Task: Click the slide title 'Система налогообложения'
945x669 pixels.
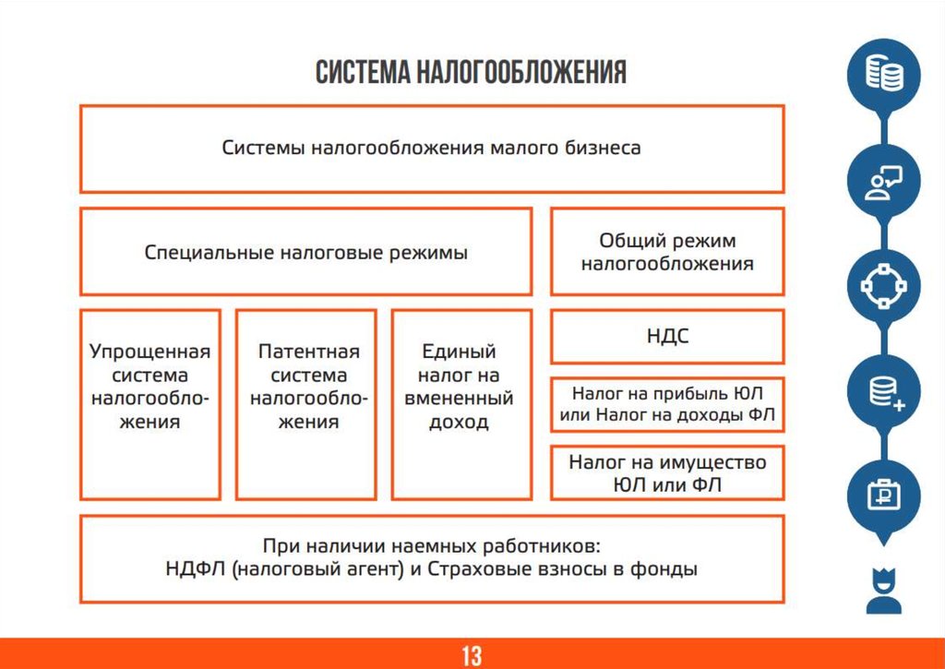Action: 471,73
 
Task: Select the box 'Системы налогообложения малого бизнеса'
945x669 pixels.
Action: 431,148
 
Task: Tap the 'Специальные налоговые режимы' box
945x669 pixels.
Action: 305,252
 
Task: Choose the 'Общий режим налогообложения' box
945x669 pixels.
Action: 667,252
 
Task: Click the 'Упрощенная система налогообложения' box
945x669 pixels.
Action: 150,404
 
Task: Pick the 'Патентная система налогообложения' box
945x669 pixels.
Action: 306,404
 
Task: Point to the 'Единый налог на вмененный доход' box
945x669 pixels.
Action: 462,404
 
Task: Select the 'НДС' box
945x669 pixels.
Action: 667,337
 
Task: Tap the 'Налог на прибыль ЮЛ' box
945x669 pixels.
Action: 667,404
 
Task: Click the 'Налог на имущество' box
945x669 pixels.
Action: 667,472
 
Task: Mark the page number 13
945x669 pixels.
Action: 472,656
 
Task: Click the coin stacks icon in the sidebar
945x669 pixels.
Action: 884,75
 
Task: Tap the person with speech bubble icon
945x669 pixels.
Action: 884,183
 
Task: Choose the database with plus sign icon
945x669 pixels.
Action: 884,393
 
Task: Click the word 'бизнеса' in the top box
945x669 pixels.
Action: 603,148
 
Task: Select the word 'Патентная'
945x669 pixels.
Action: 308,352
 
